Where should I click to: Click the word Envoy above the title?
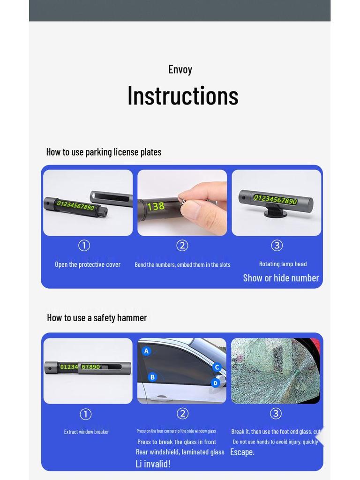point(180,69)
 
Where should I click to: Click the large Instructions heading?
point(183,96)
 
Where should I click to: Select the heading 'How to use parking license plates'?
point(104,152)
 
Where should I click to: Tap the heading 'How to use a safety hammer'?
point(97,318)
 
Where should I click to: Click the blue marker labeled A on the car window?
point(146,351)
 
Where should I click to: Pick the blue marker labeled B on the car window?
point(152,377)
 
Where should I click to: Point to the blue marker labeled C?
point(217,367)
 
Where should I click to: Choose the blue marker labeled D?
point(215,383)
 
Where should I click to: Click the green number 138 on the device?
point(156,206)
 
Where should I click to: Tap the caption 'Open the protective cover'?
point(88,264)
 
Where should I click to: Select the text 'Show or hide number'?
point(281,278)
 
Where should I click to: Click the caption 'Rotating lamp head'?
point(283,264)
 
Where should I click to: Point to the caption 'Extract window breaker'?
point(86,432)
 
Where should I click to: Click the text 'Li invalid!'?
point(153,464)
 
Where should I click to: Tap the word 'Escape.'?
point(242,452)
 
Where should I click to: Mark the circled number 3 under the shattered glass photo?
point(276,413)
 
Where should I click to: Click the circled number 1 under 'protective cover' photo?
point(84,246)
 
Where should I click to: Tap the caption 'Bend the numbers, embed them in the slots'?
point(182,265)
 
